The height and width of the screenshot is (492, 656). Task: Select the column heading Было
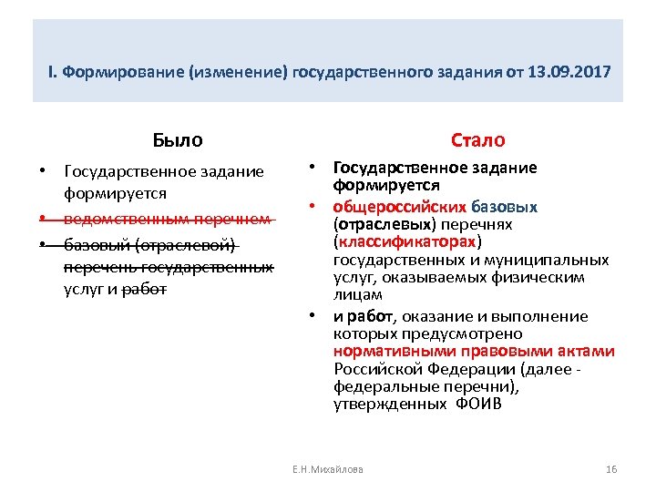click(x=178, y=140)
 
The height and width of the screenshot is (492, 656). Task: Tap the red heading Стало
click(x=477, y=140)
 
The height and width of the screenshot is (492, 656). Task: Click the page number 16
click(x=611, y=469)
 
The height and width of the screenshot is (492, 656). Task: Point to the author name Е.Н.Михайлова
click(x=327, y=469)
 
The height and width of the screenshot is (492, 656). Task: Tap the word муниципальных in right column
click(x=529, y=260)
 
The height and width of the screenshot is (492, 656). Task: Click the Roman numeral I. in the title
click(x=53, y=70)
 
